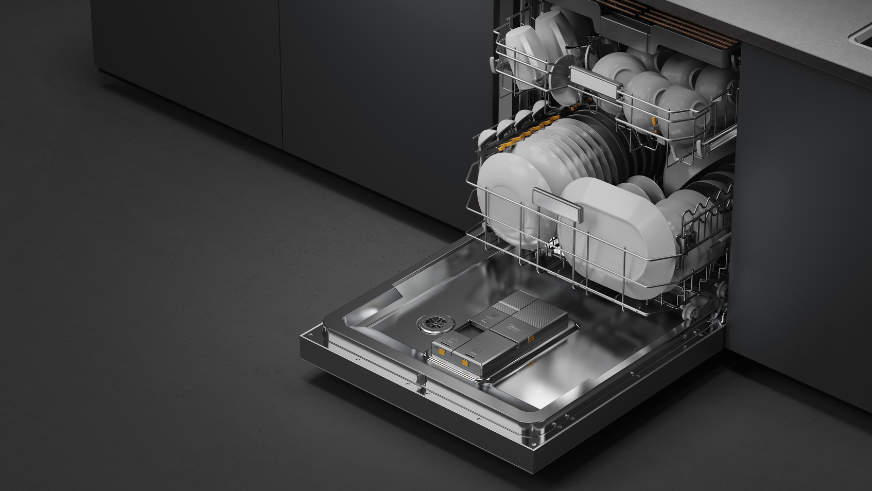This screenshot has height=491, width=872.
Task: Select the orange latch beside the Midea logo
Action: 531,339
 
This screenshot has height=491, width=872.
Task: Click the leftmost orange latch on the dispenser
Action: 442,352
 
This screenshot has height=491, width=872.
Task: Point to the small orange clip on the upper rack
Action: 655,122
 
